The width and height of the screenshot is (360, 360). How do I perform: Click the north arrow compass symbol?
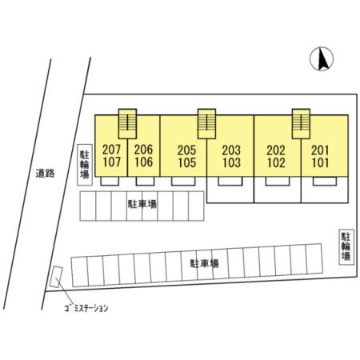tap(322, 59)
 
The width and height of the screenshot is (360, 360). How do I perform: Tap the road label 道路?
tap(46, 174)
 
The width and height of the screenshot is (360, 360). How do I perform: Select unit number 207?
tap(111, 150)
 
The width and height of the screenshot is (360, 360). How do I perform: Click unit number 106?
tap(143, 162)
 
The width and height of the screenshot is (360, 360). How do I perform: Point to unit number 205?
tap(187, 150)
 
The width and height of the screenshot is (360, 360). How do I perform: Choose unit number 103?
tap(231, 162)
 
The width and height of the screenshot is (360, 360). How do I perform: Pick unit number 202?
tap(276, 150)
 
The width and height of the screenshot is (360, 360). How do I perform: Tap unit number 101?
tap(320, 162)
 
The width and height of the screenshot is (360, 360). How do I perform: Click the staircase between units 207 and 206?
tap(127, 124)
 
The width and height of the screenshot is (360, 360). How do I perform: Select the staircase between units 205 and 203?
tap(206, 124)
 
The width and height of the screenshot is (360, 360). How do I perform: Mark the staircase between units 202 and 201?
tap(301, 124)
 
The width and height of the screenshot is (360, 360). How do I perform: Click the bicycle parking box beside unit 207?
tap(85, 165)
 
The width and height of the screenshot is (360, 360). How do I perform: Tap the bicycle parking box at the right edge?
tap(346, 247)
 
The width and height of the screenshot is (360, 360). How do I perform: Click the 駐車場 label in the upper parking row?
tap(142, 205)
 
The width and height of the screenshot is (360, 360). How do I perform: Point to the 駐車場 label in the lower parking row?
tap(205, 264)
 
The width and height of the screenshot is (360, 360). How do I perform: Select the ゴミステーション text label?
tap(86, 308)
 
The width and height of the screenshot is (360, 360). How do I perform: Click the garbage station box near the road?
tap(56, 277)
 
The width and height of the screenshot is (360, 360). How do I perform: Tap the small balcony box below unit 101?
tap(325, 181)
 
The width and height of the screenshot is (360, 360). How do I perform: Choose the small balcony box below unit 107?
tap(110, 181)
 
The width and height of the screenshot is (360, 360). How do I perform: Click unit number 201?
tap(320, 150)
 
